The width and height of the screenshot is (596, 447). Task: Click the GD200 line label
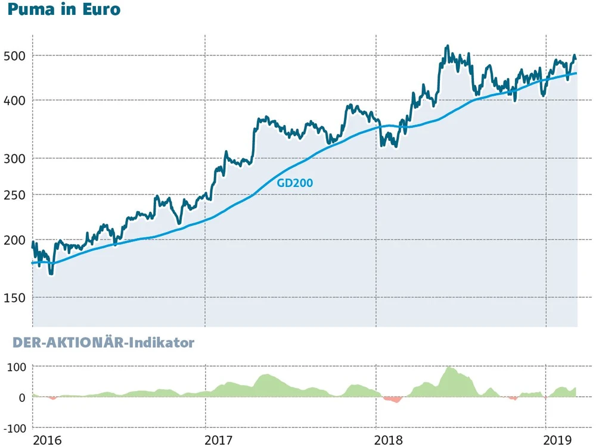pos(294,183)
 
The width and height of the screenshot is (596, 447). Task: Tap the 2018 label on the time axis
pos(389,440)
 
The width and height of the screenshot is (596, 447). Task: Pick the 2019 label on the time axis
pos(558,440)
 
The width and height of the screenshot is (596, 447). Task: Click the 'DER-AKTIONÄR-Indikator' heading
pos(97,343)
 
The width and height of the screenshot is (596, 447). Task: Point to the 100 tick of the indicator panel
pos(16,367)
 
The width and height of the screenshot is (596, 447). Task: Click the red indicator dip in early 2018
pos(393,399)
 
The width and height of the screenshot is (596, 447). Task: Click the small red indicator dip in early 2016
pos(53,398)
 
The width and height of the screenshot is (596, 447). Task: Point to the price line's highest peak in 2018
pos(447,47)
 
